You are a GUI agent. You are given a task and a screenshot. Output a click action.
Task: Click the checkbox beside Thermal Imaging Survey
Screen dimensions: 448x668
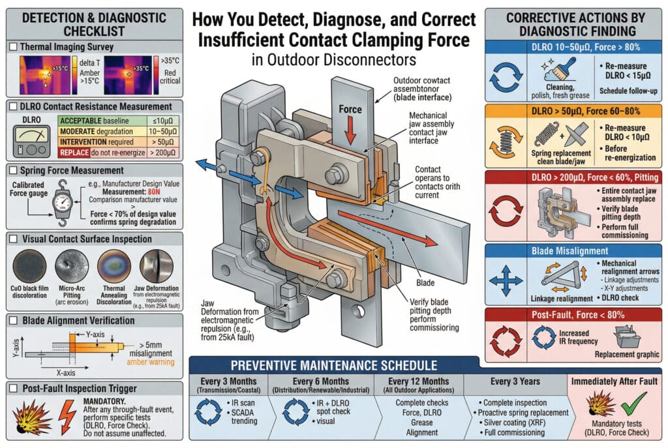point(13,47)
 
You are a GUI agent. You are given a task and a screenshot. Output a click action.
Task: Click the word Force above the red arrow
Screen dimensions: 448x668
point(350,109)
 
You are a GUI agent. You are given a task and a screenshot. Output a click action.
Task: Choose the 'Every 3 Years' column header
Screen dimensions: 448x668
point(510,381)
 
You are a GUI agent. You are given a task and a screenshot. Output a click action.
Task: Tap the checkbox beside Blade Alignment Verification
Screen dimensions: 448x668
point(13,320)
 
